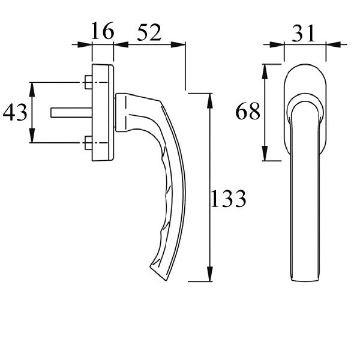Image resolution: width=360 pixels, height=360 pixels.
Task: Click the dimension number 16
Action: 102,31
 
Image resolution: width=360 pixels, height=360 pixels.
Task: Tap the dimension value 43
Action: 16,112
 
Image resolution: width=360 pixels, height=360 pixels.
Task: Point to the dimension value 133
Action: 228,198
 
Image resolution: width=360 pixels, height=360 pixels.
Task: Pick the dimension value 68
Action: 248,112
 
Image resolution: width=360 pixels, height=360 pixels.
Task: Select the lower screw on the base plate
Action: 89,143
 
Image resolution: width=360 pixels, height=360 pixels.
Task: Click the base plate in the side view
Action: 103,112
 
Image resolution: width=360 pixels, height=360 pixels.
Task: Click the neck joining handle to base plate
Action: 124,112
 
